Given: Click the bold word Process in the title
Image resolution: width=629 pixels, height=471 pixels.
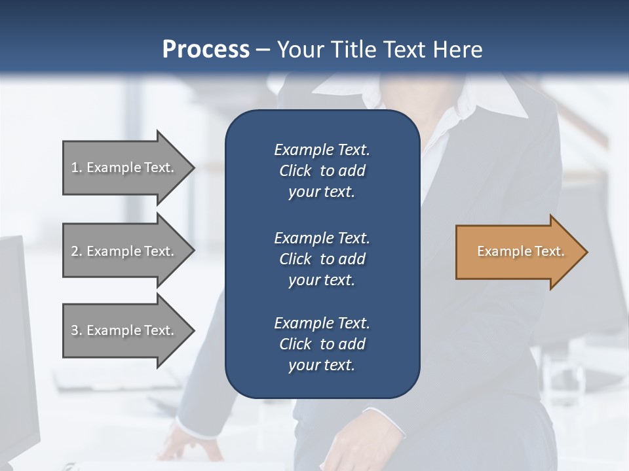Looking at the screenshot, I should (206, 50).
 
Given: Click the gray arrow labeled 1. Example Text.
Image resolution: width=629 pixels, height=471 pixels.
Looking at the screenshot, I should (124, 167).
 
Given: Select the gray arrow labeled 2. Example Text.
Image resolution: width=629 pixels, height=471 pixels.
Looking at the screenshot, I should (124, 251).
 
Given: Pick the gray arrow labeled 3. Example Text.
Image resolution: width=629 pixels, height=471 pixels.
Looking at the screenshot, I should (124, 330).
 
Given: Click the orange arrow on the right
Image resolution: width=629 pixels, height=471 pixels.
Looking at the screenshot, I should (518, 252).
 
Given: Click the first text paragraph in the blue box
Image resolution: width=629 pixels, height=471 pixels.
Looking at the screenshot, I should (322, 171).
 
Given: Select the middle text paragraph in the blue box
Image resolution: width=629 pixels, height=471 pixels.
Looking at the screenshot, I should (322, 259).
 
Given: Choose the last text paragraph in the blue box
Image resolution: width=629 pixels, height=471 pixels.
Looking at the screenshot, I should (322, 344).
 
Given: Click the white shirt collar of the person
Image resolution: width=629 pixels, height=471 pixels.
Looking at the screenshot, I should (505, 98).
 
